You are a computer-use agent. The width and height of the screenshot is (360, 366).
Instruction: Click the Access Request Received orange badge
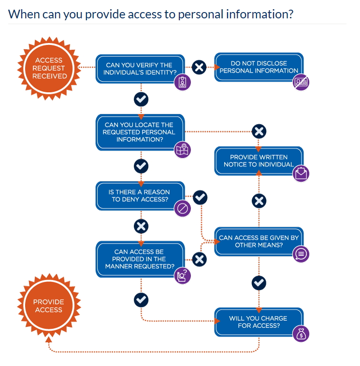[x=49, y=68]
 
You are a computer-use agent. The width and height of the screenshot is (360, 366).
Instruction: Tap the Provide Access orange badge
[x=49, y=306]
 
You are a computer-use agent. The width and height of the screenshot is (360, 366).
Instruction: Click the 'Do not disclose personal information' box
[x=259, y=67]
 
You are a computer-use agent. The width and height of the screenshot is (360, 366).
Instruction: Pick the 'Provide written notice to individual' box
[x=259, y=161]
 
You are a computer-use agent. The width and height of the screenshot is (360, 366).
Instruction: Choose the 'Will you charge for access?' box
[x=259, y=322]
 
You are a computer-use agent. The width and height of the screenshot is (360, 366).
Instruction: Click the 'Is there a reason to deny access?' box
[x=139, y=196]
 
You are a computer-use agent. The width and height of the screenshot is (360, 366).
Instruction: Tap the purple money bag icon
[x=301, y=334]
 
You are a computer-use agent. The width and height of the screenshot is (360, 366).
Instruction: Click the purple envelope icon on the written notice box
[x=301, y=173]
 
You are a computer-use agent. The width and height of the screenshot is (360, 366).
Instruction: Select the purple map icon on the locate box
[x=182, y=150]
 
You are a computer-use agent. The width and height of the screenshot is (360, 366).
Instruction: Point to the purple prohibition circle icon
[x=182, y=209]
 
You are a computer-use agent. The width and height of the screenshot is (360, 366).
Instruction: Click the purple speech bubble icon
[x=301, y=253]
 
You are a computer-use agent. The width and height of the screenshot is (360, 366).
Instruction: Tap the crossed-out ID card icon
[x=301, y=82]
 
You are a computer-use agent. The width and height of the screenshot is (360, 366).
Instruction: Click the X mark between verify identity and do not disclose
[x=199, y=67]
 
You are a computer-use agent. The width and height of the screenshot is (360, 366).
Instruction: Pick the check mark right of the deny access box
[x=200, y=197]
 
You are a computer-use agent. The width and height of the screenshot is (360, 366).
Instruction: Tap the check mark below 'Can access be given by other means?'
[x=259, y=282]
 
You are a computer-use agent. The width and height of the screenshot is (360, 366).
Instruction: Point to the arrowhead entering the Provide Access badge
[x=49, y=339]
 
